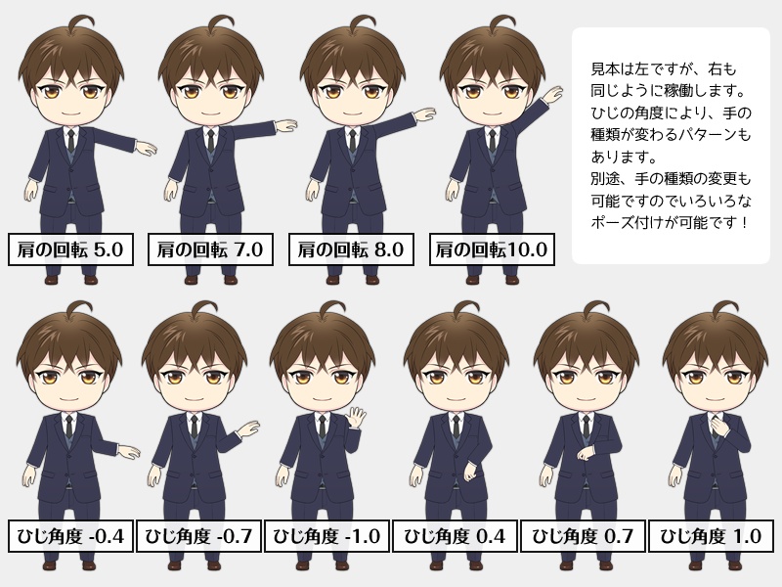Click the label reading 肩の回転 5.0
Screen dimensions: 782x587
(x=70, y=249)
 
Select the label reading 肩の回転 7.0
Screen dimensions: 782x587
(x=210, y=249)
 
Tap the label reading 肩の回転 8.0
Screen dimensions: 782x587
(x=351, y=249)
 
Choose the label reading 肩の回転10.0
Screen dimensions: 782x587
(x=492, y=249)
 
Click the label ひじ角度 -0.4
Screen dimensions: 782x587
(x=70, y=536)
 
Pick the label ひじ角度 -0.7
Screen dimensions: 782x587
(x=198, y=536)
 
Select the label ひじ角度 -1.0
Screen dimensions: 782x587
(x=326, y=536)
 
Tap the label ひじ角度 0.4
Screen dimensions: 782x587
(x=455, y=536)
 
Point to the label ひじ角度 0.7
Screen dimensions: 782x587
(x=583, y=536)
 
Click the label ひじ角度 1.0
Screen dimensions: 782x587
(x=711, y=536)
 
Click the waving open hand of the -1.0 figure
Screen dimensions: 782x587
(x=356, y=418)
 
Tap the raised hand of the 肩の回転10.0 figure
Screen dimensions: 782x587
(x=552, y=94)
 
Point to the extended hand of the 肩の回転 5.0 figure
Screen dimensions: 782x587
(x=146, y=149)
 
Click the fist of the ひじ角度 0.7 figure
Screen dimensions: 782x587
(x=586, y=453)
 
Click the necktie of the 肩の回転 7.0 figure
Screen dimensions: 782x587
(x=211, y=141)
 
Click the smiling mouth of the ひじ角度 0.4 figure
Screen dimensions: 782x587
(x=455, y=399)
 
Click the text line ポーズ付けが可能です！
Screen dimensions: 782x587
(x=670, y=222)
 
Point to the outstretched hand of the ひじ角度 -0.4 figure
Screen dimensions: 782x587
(x=129, y=452)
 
